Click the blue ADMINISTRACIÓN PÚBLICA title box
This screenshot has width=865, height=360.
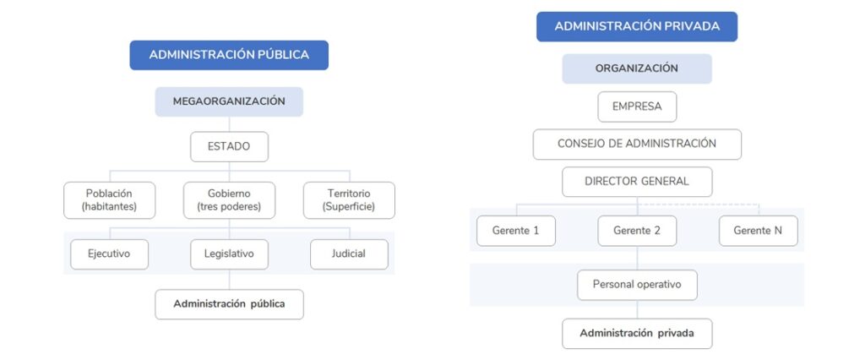click(229, 55)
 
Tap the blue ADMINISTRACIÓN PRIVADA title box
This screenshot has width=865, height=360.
click(637, 26)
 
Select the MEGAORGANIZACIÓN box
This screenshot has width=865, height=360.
click(229, 101)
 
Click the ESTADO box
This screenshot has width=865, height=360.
click(229, 147)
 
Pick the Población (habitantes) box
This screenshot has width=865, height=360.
click(110, 200)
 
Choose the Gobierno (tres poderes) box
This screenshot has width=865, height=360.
click(229, 200)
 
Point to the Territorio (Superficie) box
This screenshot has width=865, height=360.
click(349, 200)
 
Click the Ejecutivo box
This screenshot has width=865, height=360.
click(109, 254)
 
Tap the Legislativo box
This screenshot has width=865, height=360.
click(229, 254)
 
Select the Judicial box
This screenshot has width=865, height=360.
click(349, 254)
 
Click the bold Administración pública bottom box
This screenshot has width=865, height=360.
click(229, 304)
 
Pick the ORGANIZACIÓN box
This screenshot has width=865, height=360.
click(637, 69)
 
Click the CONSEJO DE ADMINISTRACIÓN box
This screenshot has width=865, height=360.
click(637, 145)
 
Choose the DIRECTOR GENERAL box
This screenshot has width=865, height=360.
click(637, 182)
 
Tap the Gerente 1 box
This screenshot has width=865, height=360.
click(516, 231)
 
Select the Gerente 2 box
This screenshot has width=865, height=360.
click(637, 231)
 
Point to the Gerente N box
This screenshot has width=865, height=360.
click(758, 231)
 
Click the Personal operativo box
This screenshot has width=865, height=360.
click(637, 285)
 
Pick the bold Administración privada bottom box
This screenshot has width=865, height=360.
click(637, 334)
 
